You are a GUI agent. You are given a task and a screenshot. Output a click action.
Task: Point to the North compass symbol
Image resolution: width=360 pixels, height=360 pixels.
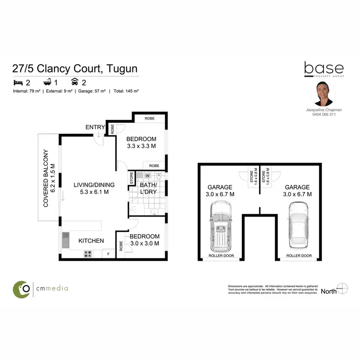pyautogui.click(x=342, y=289)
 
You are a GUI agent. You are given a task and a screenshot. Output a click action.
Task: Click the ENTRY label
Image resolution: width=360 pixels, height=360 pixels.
pyautogui.click(x=95, y=127)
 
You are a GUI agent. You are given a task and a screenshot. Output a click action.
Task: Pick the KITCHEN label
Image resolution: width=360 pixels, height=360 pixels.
pyautogui.click(x=90, y=240)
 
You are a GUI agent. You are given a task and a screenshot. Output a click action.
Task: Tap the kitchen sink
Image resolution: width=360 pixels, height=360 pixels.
pyautogui.click(x=65, y=239)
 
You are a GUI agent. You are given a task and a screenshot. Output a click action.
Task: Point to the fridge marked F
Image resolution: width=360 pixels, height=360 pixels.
pyautogui.click(x=108, y=253)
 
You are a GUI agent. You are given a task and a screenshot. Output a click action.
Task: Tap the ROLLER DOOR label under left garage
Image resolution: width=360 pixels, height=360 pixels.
pyautogui.click(x=221, y=256)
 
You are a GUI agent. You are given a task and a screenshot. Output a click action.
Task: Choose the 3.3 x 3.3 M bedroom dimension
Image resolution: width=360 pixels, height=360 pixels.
pyautogui.click(x=141, y=146)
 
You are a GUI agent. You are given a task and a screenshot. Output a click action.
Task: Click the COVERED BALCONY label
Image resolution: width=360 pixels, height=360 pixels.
pyautogui.click(x=47, y=178)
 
